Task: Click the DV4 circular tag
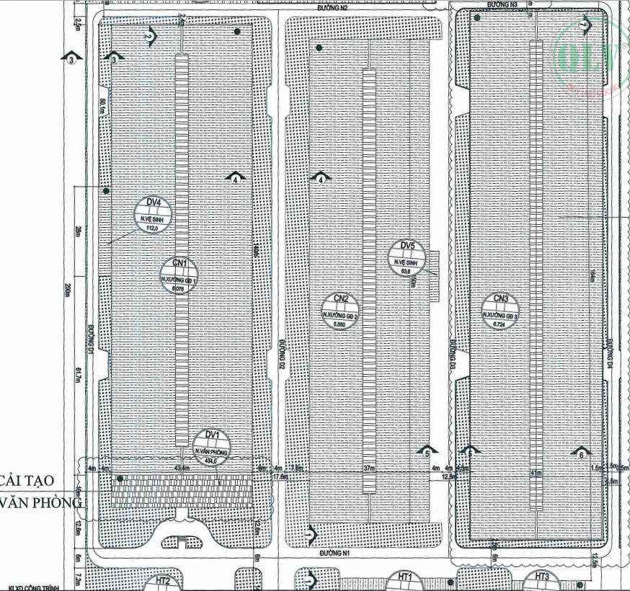click(151, 215)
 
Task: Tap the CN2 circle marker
click(340, 311)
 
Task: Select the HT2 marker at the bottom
click(163, 582)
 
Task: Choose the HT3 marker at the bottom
click(542, 579)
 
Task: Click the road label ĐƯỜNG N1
click(336, 554)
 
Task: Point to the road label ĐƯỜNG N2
click(334, 6)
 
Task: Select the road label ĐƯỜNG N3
click(502, 4)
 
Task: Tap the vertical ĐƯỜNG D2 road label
click(284, 356)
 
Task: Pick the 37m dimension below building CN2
click(370, 468)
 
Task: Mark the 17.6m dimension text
click(280, 476)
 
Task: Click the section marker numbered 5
click(427, 451)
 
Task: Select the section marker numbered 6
click(581, 453)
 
